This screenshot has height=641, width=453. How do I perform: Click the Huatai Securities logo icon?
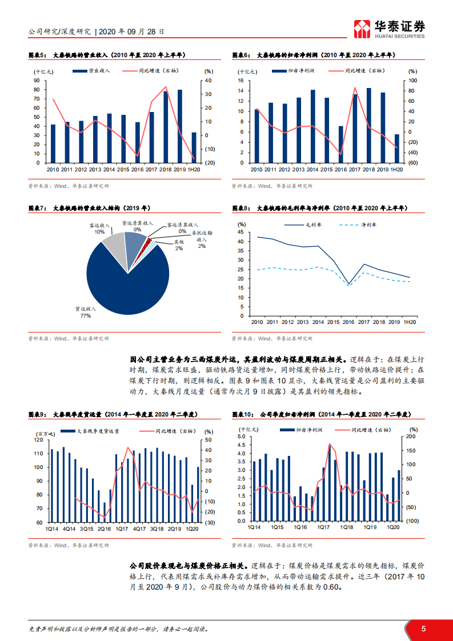(362, 29)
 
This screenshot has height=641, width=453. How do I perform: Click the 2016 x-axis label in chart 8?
(348, 322)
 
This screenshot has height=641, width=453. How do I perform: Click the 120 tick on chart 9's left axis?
(38, 439)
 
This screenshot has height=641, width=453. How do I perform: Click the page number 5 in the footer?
(423, 628)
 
